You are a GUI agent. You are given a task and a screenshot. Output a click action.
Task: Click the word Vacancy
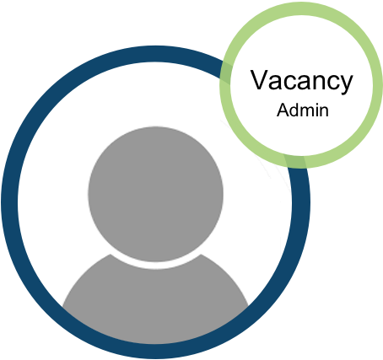301,81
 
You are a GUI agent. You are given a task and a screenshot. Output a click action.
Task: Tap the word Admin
303,110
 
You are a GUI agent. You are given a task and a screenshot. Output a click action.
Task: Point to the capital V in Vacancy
260,79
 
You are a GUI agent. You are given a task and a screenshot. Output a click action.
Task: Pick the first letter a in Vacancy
276,82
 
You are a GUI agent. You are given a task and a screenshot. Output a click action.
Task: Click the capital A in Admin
283,110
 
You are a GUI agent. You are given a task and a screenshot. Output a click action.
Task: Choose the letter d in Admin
295,110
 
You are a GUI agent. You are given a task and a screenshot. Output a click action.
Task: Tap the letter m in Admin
310,111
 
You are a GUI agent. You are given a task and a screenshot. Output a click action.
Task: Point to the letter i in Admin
319,110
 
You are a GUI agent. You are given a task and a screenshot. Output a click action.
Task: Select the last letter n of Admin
325,111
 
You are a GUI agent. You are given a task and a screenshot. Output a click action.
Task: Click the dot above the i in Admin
319,105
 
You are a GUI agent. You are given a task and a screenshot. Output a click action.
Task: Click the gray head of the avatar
155,194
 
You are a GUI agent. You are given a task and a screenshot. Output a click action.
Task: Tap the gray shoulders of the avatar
155,301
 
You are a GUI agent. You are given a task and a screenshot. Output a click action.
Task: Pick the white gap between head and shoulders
155,266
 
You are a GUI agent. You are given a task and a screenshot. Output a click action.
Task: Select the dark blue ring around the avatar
10,202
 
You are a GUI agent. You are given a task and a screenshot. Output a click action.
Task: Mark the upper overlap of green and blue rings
226,73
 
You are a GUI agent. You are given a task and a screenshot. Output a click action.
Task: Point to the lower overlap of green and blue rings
294,161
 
